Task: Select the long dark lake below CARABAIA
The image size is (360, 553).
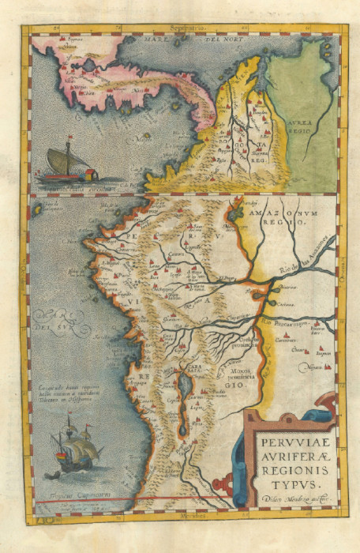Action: [185, 395]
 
